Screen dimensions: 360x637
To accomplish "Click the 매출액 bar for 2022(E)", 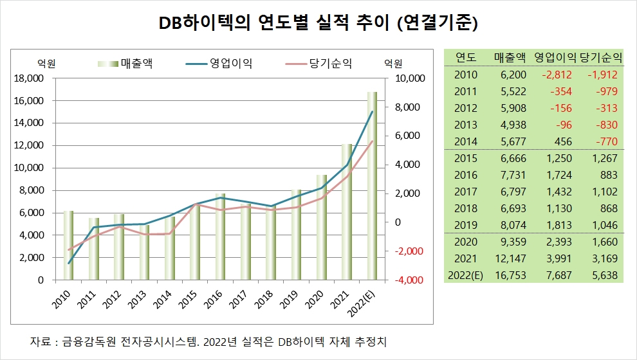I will (x=372, y=186).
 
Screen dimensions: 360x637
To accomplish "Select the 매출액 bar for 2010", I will (x=68, y=246).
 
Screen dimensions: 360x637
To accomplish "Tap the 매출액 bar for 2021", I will (x=347, y=212).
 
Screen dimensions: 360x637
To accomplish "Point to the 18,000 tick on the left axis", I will (x=28, y=78).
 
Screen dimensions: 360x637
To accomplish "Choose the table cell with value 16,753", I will (x=512, y=275).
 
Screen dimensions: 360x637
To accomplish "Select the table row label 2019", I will (x=465, y=225).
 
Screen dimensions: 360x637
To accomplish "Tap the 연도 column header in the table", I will (x=465, y=57).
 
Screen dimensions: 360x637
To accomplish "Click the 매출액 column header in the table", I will (x=510, y=57).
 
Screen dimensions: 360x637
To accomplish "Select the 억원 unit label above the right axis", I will (x=392, y=63).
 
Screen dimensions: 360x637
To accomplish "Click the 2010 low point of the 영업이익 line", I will (x=68, y=263).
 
